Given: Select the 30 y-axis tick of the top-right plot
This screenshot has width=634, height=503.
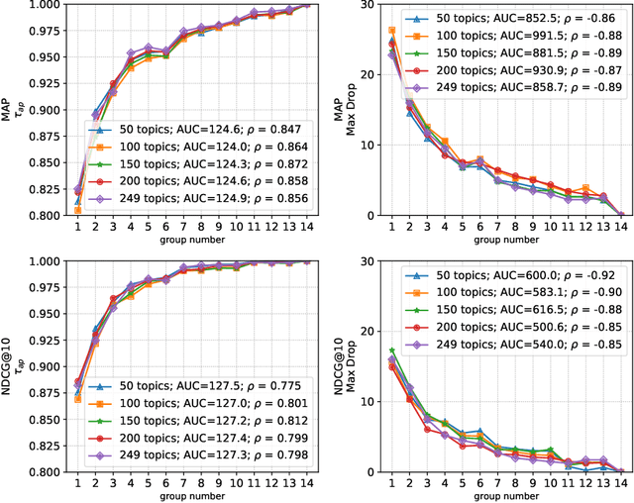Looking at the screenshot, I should click(371, 5).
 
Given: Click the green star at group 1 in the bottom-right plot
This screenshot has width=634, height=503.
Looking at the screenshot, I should click(391, 351).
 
